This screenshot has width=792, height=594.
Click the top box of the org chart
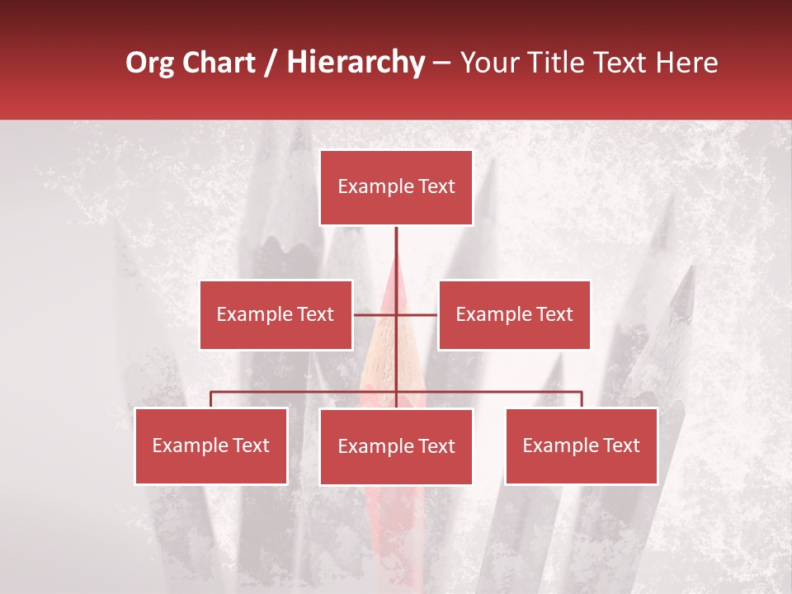[396, 187]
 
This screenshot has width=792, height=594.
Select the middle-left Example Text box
[276, 314]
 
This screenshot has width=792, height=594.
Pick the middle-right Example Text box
[514, 314]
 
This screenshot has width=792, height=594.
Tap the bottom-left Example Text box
[211, 445]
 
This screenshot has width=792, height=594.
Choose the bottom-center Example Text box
[396, 446]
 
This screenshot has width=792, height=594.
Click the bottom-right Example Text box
[581, 445]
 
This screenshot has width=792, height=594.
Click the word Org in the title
[148, 63]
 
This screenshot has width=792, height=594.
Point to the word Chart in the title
[217, 63]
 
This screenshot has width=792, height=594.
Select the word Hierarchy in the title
[356, 63]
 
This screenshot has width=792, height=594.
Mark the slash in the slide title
[271, 63]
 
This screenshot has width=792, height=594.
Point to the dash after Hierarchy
[441, 63]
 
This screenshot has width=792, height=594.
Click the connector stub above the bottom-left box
[211, 399]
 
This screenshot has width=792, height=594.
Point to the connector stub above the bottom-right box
[582, 399]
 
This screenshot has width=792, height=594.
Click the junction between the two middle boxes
[396, 314]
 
